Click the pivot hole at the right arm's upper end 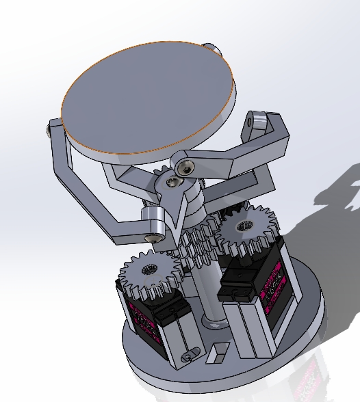pyautogui.click(x=258, y=120)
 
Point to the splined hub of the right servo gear pyautogui.click(x=244, y=225)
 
